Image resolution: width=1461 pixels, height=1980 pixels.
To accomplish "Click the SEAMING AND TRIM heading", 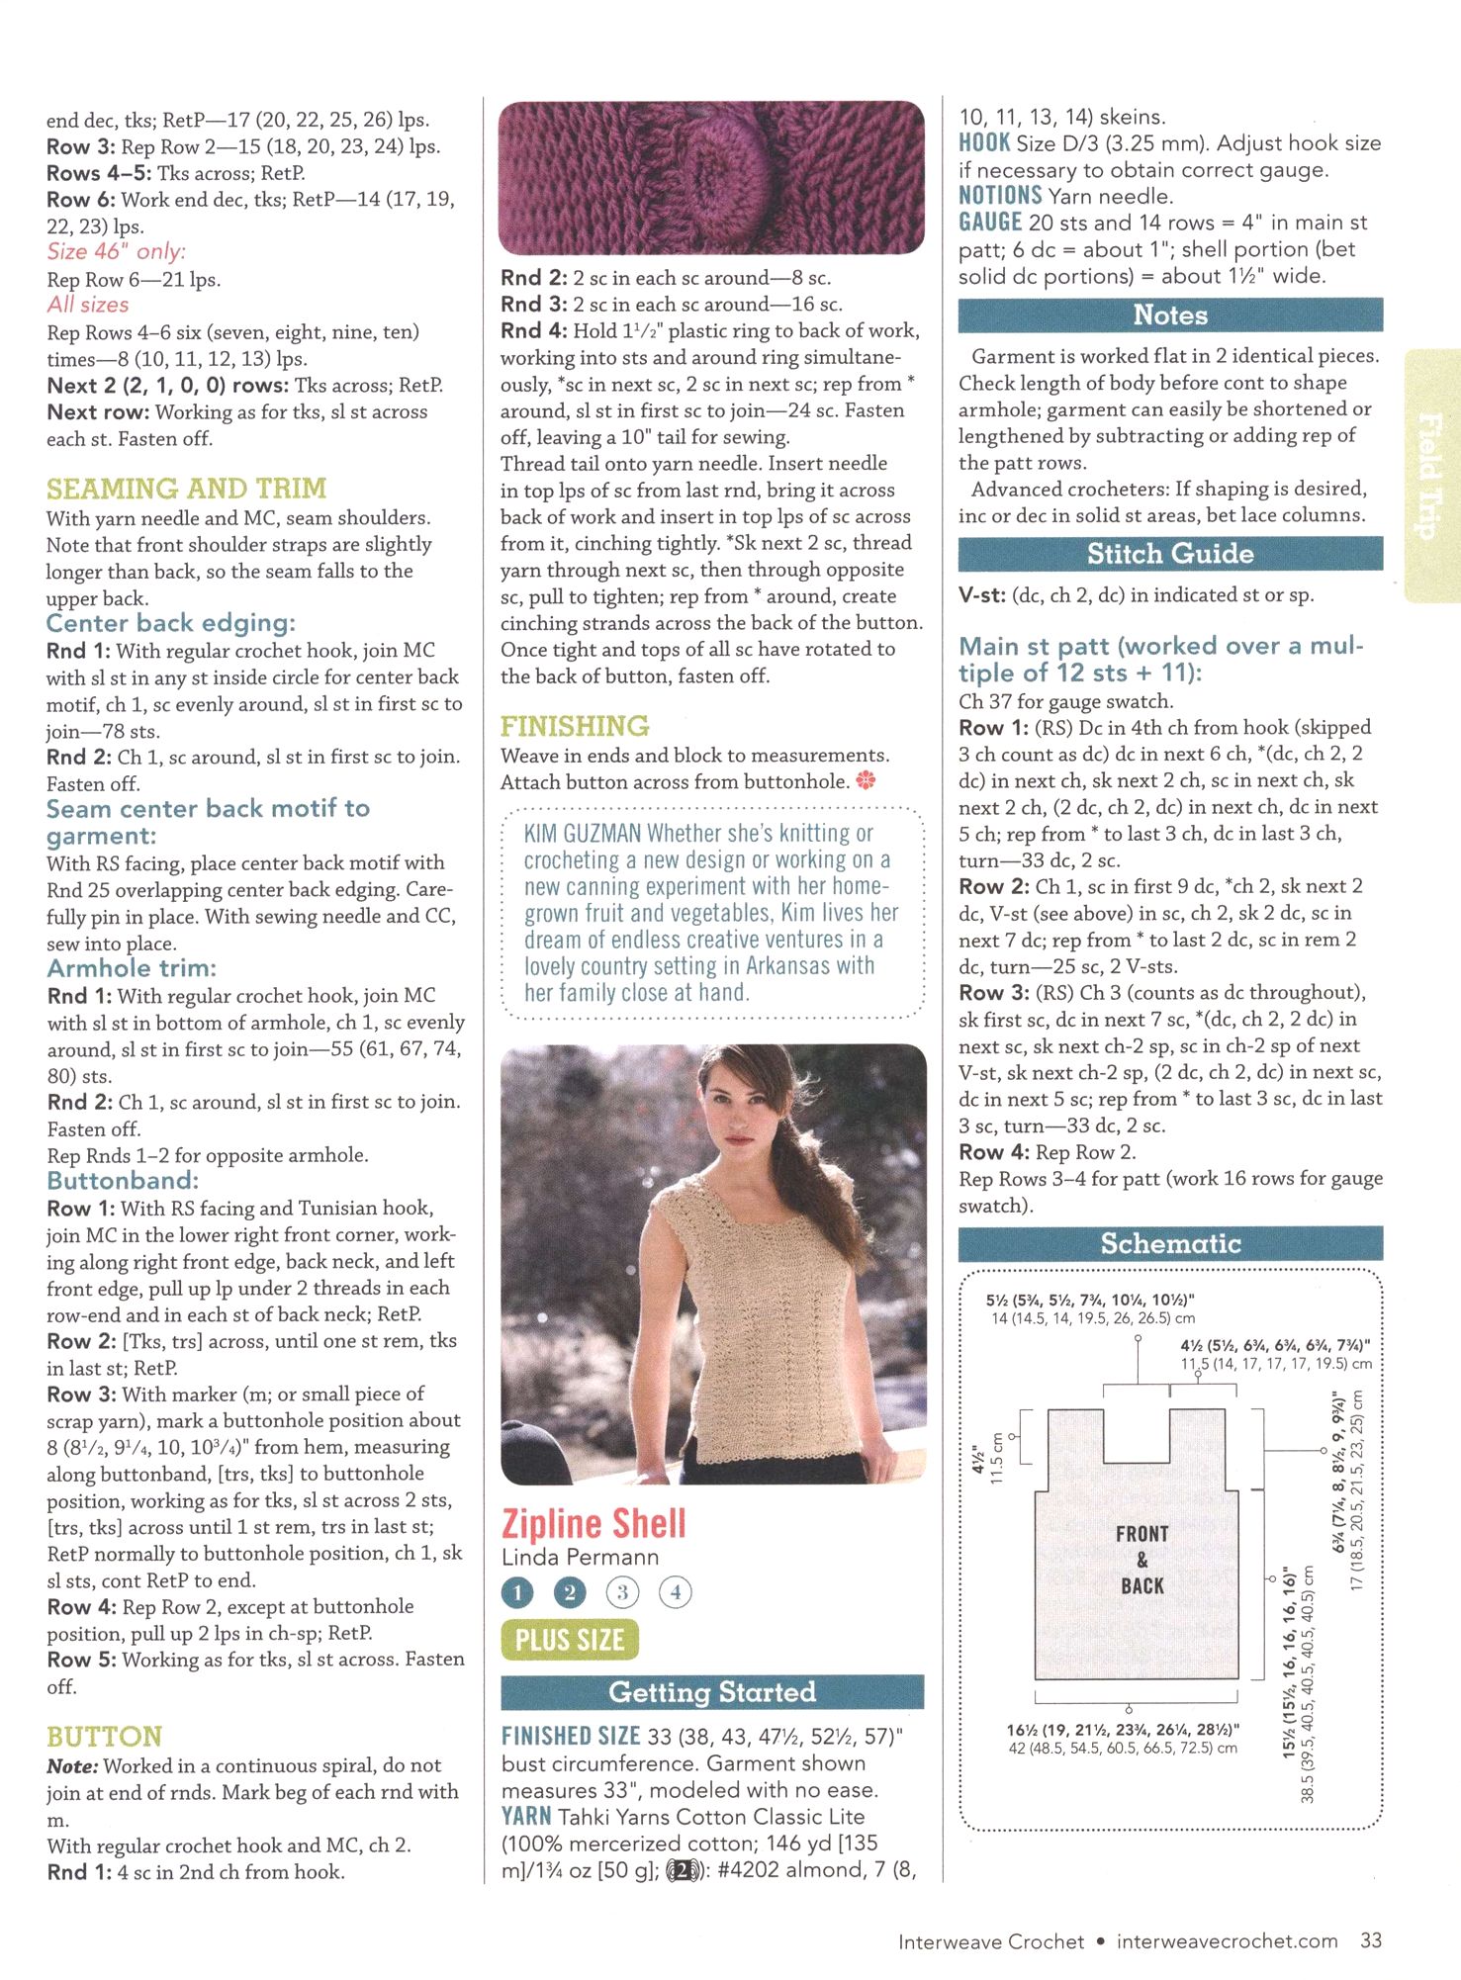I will click(x=186, y=489).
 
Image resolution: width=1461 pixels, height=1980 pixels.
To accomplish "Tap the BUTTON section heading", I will click(x=104, y=1737).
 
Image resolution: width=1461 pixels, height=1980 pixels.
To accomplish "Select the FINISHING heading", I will click(x=575, y=726).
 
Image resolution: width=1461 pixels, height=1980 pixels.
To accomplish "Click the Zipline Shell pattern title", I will click(x=594, y=1523).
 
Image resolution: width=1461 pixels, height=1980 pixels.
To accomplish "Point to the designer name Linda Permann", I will click(x=580, y=1557).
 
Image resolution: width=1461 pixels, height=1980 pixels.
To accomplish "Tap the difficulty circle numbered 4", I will click(x=676, y=1592).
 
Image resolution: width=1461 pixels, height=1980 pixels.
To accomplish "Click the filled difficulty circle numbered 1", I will click(x=517, y=1592).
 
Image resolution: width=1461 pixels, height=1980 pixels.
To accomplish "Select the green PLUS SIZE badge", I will click(x=570, y=1640).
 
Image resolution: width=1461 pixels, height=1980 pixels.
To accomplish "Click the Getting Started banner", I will click(x=712, y=1692).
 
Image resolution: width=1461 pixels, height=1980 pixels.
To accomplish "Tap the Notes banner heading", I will click(x=1170, y=315).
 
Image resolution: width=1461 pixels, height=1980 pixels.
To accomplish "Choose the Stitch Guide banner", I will click(x=1170, y=554).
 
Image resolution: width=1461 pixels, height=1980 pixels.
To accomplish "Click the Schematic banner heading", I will click(x=1170, y=1243).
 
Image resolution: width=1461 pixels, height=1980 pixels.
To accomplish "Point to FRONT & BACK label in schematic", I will click(x=1141, y=1560).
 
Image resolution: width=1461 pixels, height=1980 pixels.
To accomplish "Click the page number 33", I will click(x=1371, y=1940).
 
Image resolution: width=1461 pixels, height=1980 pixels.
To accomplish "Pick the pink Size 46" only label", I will click(x=116, y=252).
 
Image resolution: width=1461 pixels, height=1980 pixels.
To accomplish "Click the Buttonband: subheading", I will click(x=123, y=1181).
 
